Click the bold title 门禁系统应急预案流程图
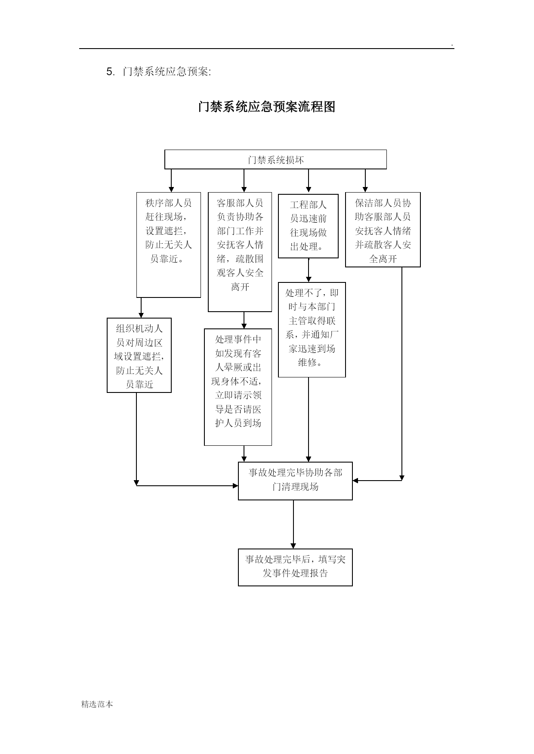pos(267,107)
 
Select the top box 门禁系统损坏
pos(275,159)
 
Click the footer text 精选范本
pos(97,704)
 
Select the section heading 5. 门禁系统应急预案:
pos(159,71)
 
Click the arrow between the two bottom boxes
pos(293,524)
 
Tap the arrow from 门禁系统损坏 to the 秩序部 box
pos(171,181)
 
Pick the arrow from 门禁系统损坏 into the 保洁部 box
pos(365,181)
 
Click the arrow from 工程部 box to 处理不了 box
pos(309,270)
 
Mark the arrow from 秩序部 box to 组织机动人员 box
pos(141,308)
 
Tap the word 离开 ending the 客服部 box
pos(240,287)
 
